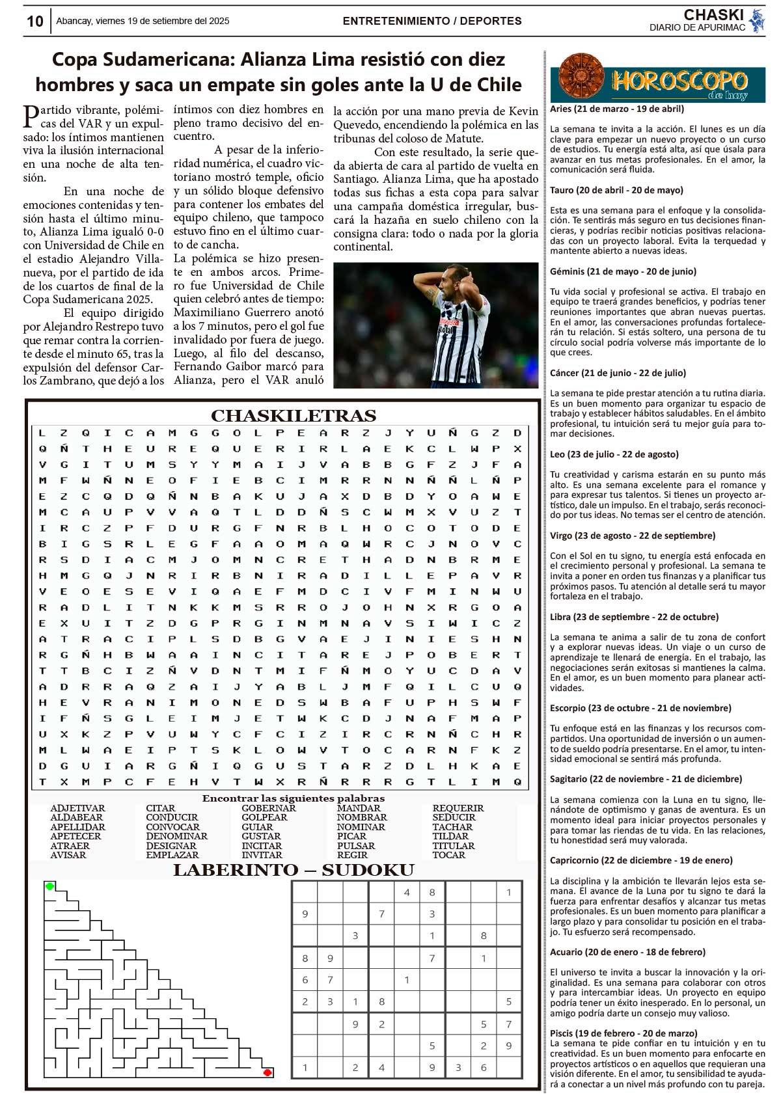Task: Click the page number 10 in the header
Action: [34, 21]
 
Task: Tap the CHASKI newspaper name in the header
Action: [713, 15]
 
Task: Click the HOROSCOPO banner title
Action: [679, 81]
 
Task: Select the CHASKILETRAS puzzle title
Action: [293, 416]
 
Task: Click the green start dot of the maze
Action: [50, 886]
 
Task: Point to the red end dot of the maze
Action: [267, 1072]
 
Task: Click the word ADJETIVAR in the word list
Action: [77, 808]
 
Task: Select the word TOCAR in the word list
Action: [449, 855]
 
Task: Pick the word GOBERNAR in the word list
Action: [268, 808]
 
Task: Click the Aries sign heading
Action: [617, 109]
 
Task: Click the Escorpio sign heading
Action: [640, 708]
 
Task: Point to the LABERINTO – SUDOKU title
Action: [293, 871]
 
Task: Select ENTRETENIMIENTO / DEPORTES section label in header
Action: [432, 21]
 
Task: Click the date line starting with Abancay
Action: [143, 21]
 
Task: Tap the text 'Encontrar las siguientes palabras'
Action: [293, 798]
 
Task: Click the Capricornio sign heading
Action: [641, 860]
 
